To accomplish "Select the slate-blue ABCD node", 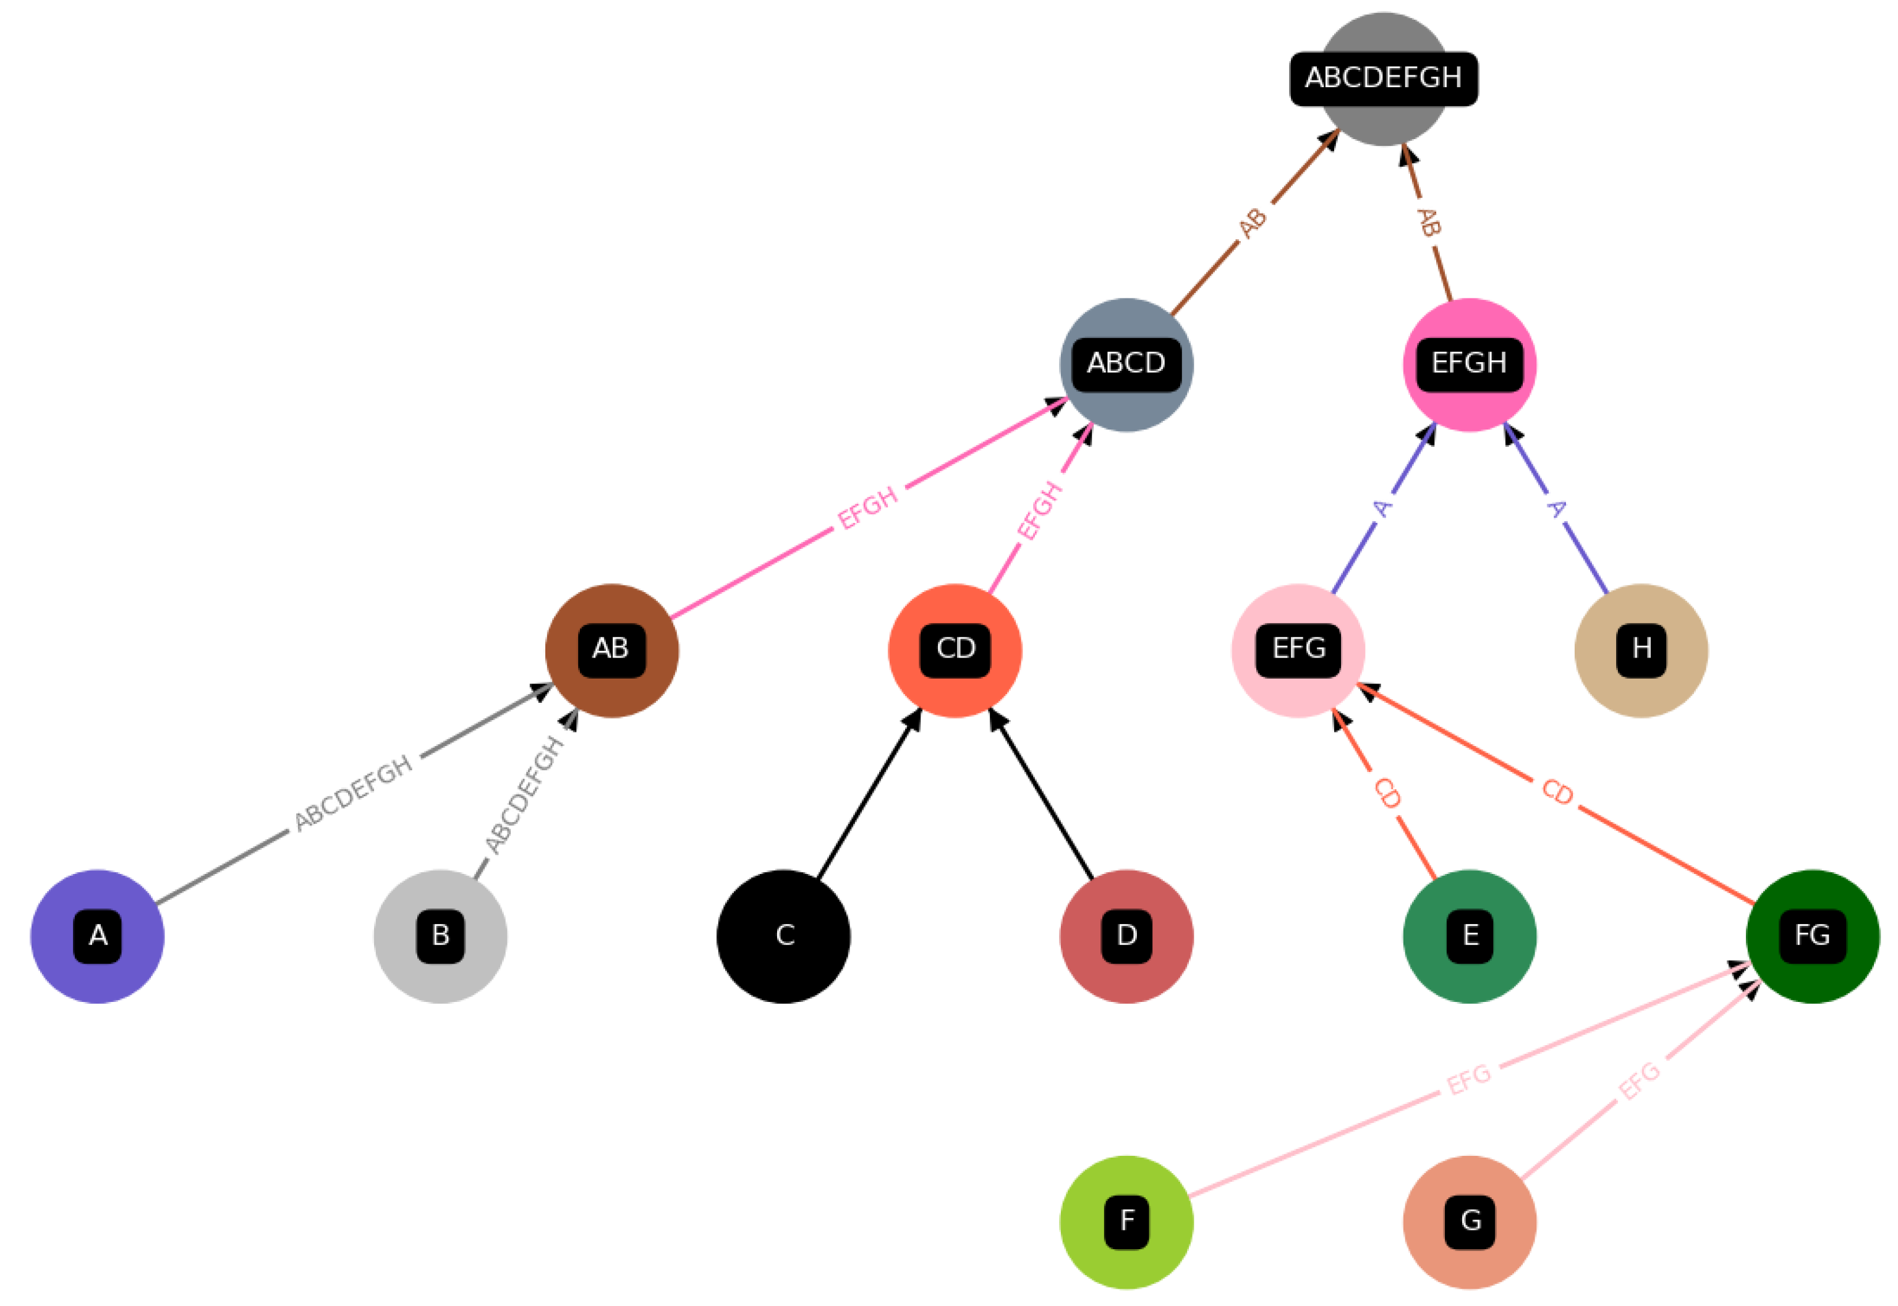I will [1126, 364].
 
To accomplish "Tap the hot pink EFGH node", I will [1469, 364].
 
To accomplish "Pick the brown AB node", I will [611, 651].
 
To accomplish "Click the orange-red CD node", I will [955, 651].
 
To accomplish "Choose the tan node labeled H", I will [1640, 651].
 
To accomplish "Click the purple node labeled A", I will [98, 936].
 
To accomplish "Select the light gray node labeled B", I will [440, 936].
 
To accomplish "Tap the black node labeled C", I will [783, 936].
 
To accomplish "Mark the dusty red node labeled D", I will [1126, 936].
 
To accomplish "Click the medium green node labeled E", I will [1469, 936].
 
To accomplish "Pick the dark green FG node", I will [1812, 936].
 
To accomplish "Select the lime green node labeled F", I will [1126, 1222].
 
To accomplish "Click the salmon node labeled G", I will [1469, 1222].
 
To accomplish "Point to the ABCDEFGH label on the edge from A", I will [354, 793].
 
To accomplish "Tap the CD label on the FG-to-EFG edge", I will [1557, 792].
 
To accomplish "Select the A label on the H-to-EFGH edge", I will [1556, 509].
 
